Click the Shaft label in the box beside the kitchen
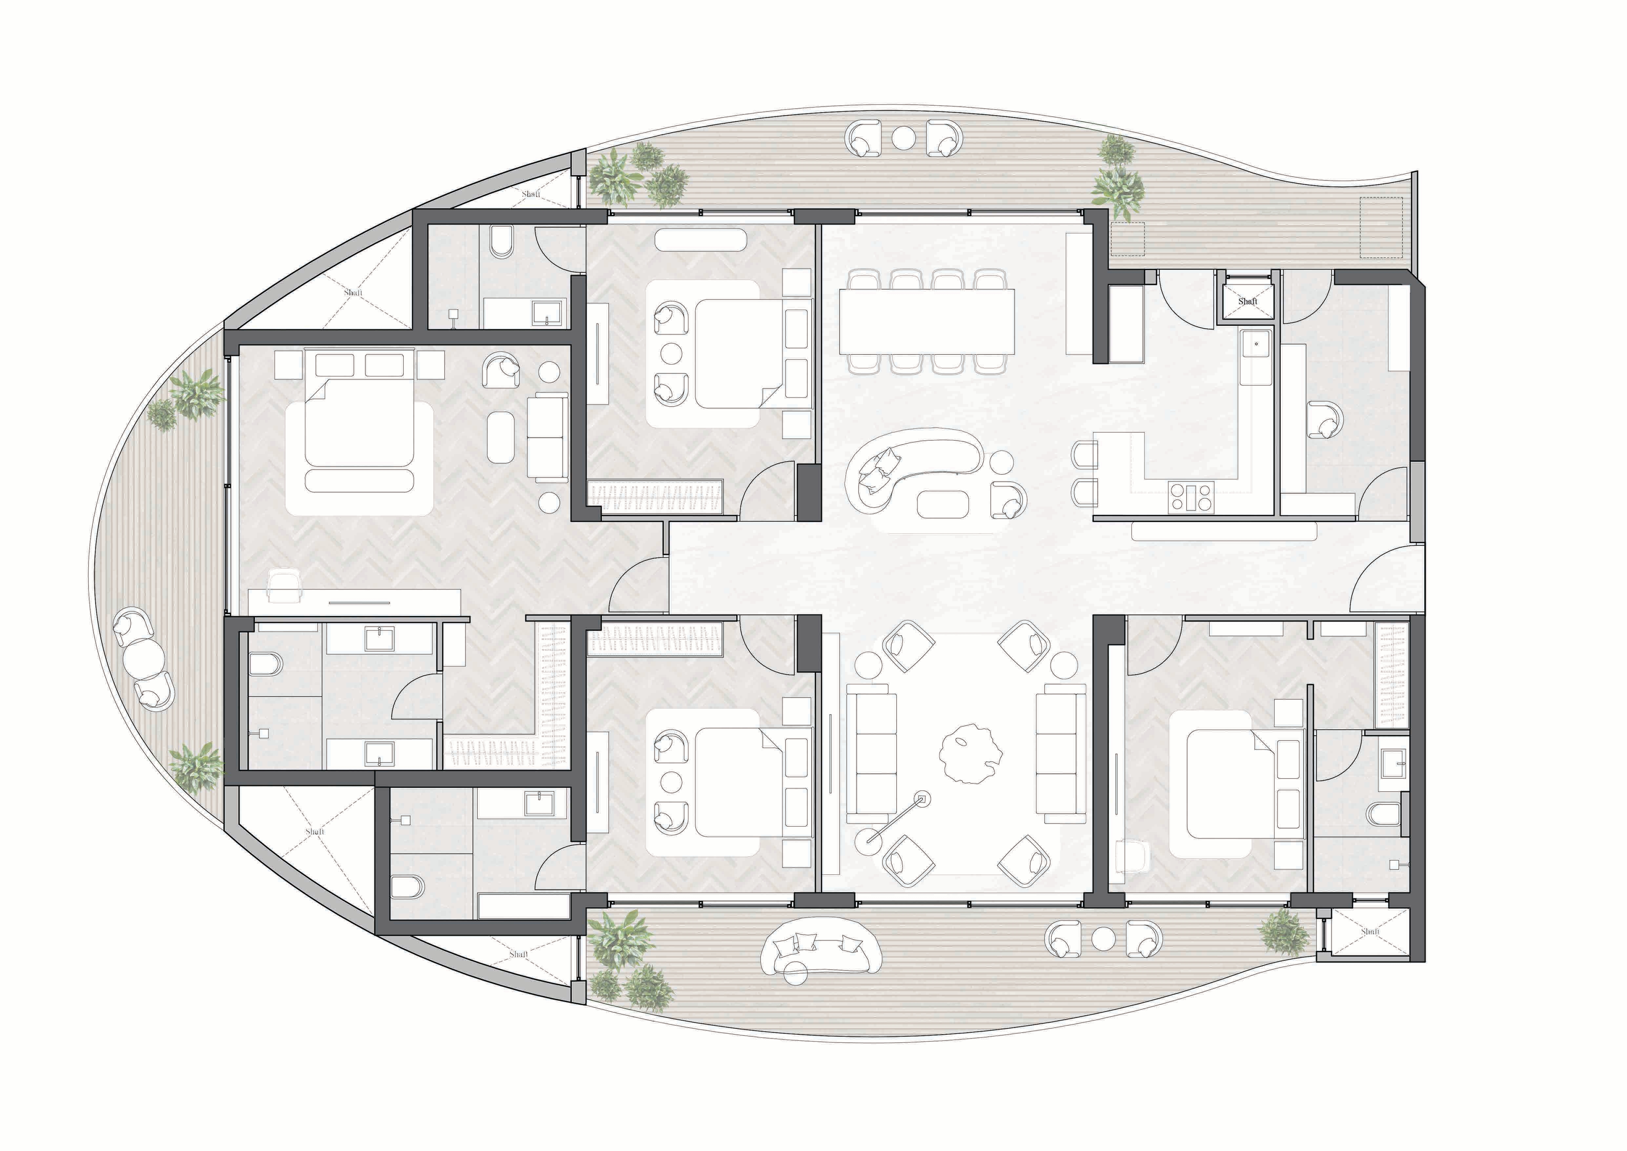(x=1247, y=301)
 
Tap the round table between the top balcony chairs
(x=903, y=137)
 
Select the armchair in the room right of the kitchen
(x=1324, y=420)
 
